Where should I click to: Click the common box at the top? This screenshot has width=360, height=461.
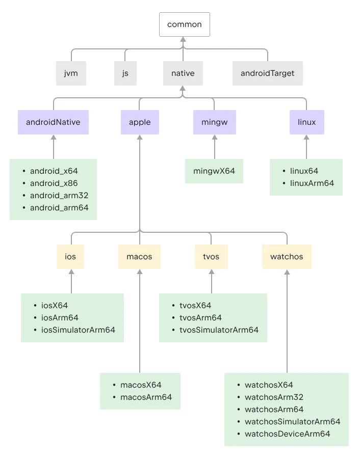click(x=184, y=24)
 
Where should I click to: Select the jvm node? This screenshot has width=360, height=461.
click(x=71, y=73)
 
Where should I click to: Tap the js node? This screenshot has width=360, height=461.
click(x=125, y=73)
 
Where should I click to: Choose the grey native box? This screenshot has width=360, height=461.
click(x=183, y=73)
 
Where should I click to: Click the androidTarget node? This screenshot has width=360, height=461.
click(x=267, y=73)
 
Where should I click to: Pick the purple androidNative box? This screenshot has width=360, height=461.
click(x=53, y=122)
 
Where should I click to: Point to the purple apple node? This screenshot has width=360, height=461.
click(x=140, y=122)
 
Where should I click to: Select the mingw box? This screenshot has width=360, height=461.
click(x=214, y=122)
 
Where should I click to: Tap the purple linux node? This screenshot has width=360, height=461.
click(x=306, y=122)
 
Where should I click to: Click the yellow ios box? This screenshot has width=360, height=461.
click(x=70, y=257)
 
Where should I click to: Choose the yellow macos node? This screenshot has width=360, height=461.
click(x=140, y=257)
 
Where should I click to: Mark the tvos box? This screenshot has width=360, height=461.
click(x=211, y=257)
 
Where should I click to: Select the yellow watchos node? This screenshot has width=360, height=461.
click(x=287, y=257)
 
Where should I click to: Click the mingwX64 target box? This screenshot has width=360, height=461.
click(x=214, y=171)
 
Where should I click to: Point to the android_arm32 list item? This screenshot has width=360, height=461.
click(x=59, y=196)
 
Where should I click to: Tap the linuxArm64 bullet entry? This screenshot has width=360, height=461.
click(x=312, y=183)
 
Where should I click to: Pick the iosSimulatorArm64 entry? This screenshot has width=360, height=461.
click(x=78, y=330)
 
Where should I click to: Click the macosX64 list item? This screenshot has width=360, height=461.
click(x=141, y=385)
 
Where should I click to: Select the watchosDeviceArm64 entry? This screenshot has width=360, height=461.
click(x=287, y=434)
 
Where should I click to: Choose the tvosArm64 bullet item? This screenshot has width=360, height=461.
click(x=200, y=318)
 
